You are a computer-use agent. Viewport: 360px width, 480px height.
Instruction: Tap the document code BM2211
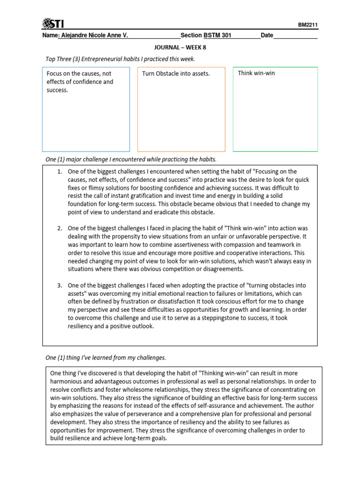click(x=307, y=26)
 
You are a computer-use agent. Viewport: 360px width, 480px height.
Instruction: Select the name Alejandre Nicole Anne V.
click(x=93, y=36)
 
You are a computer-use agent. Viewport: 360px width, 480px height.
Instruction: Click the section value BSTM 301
click(x=217, y=36)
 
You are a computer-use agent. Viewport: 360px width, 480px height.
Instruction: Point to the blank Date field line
click(x=295, y=37)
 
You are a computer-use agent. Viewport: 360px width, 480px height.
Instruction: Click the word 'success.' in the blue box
click(x=58, y=90)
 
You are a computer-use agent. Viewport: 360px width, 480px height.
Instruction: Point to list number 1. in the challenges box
click(x=60, y=172)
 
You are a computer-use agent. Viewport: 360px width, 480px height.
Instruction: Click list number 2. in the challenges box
click(x=60, y=228)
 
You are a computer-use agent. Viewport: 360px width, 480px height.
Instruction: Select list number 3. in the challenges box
click(x=60, y=285)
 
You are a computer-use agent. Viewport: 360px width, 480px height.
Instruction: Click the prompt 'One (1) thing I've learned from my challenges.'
click(x=105, y=358)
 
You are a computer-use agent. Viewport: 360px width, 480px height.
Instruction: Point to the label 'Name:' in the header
click(x=50, y=36)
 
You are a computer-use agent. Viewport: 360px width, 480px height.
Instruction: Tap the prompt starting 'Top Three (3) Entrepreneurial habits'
click(x=120, y=59)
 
